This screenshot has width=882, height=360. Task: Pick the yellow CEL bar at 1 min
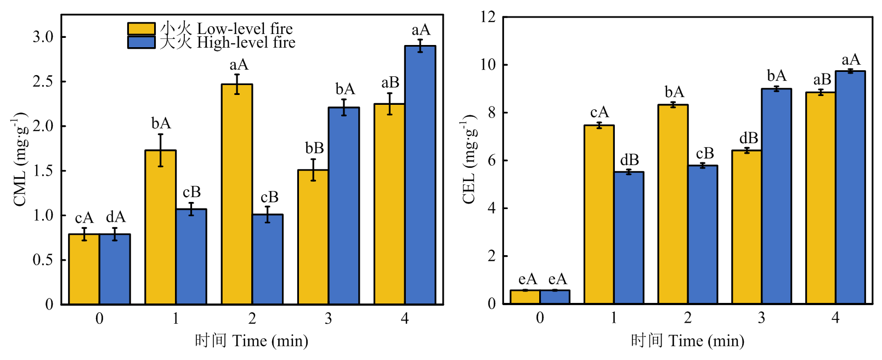click(599, 214)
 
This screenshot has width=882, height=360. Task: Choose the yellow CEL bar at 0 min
click(525, 297)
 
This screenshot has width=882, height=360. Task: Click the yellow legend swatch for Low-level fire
click(141, 29)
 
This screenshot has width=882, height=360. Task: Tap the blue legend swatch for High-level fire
click(141, 42)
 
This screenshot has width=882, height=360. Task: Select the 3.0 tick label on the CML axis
click(43, 37)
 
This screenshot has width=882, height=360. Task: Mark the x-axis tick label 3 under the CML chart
click(328, 319)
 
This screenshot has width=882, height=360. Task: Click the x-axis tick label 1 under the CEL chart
click(614, 318)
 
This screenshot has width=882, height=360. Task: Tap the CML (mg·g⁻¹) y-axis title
click(20, 160)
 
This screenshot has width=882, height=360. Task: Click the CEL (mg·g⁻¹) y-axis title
click(470, 160)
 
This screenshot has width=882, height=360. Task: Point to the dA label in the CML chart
click(115, 217)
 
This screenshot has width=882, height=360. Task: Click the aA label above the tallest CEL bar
click(851, 60)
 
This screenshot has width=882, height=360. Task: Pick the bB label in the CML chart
click(314, 148)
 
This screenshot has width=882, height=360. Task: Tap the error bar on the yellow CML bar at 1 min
click(161, 150)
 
